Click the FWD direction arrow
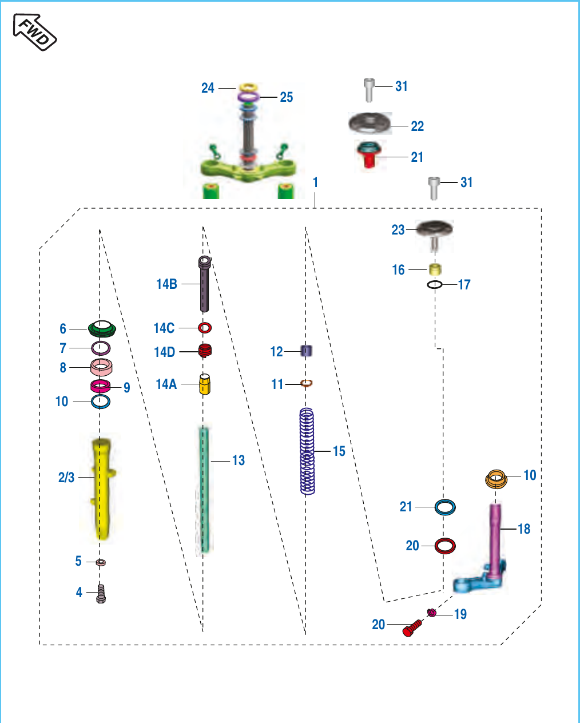pyautogui.click(x=35, y=32)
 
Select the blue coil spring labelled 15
pyautogui.click(x=307, y=451)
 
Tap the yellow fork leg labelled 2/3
pyautogui.click(x=101, y=488)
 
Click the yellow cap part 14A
pyautogui.click(x=205, y=384)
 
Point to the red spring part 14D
pyautogui.click(x=205, y=351)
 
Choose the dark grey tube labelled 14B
pyautogui.click(x=204, y=284)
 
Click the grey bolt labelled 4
pyautogui.click(x=101, y=594)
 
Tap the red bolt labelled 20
pyautogui.click(x=412, y=628)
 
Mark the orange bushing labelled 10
pyautogui.click(x=496, y=479)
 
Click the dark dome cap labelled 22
pyautogui.click(x=370, y=124)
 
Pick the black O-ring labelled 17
pyautogui.click(x=435, y=284)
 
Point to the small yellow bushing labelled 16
pyautogui.click(x=435, y=269)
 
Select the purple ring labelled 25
pyautogui.click(x=248, y=97)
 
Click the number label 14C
pyautogui.click(x=164, y=328)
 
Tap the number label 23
pyautogui.click(x=398, y=230)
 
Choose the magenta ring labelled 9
pyautogui.click(x=101, y=386)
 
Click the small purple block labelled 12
pyautogui.click(x=306, y=351)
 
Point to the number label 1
pyautogui.click(x=315, y=182)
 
